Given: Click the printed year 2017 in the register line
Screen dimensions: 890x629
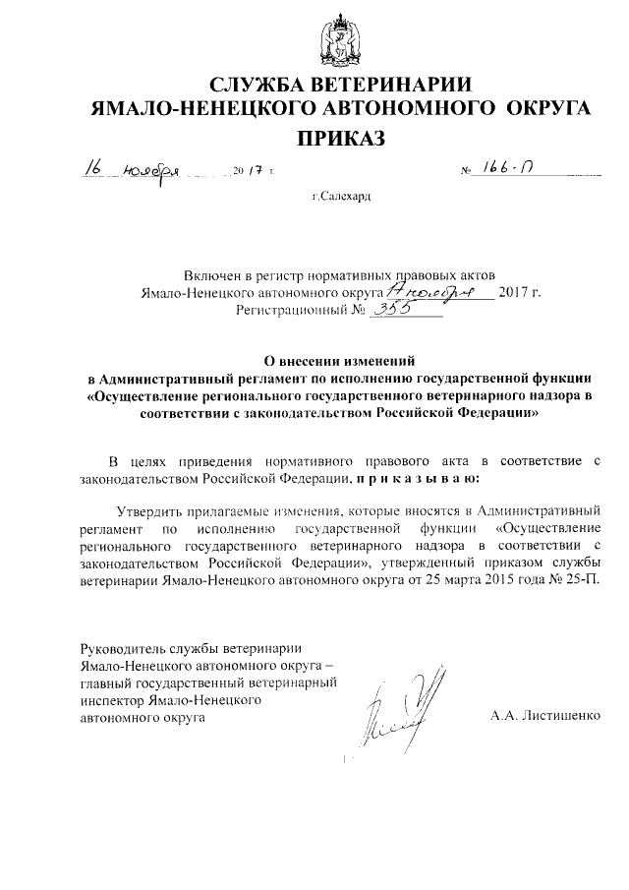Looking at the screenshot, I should [x=520, y=292].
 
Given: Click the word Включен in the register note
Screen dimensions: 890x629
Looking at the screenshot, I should [x=210, y=274].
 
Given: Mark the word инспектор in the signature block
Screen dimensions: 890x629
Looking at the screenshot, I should [x=111, y=700].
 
